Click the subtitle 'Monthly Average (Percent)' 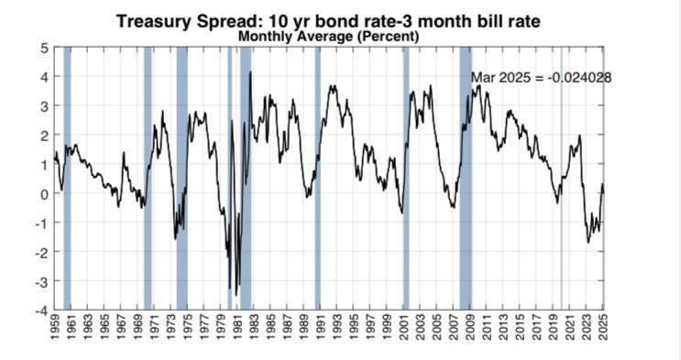(328, 37)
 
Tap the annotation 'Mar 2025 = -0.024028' (541, 78)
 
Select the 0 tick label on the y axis (43, 193)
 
